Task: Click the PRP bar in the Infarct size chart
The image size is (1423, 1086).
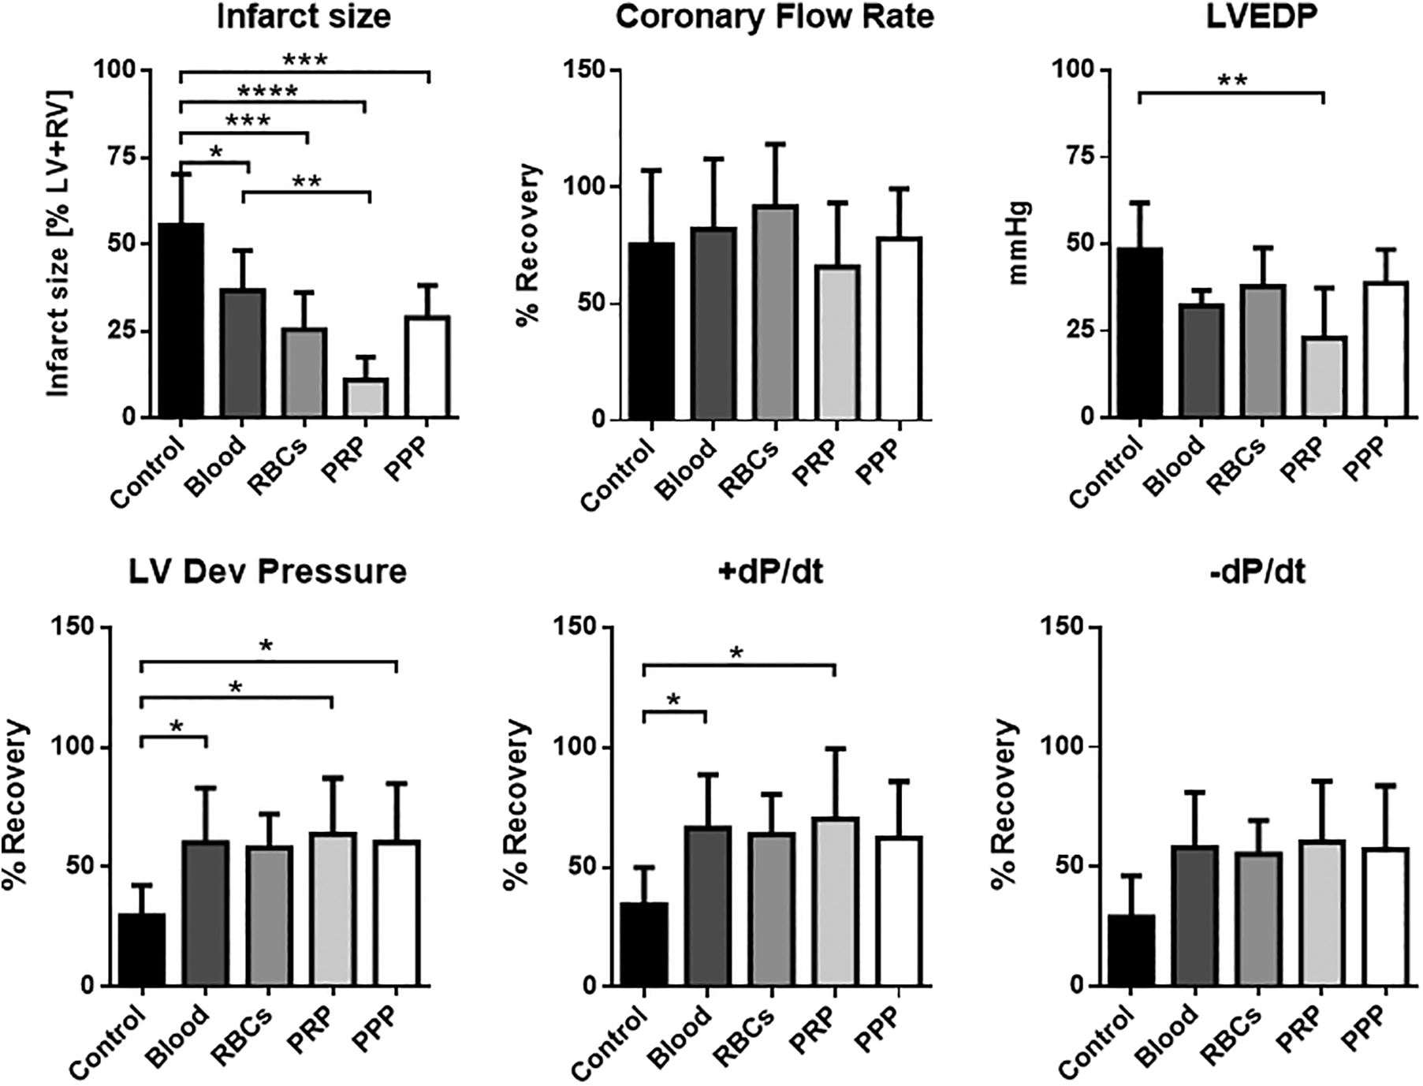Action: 365,397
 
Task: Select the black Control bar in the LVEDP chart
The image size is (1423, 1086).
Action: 1140,332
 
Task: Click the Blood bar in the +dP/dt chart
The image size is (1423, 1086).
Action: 708,906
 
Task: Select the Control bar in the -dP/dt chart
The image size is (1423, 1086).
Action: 1131,950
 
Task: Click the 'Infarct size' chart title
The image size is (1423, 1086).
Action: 304,17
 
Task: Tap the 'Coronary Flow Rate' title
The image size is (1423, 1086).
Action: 774,17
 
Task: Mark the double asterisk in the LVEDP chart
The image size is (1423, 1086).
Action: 1233,81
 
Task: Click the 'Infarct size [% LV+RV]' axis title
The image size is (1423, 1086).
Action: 58,243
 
